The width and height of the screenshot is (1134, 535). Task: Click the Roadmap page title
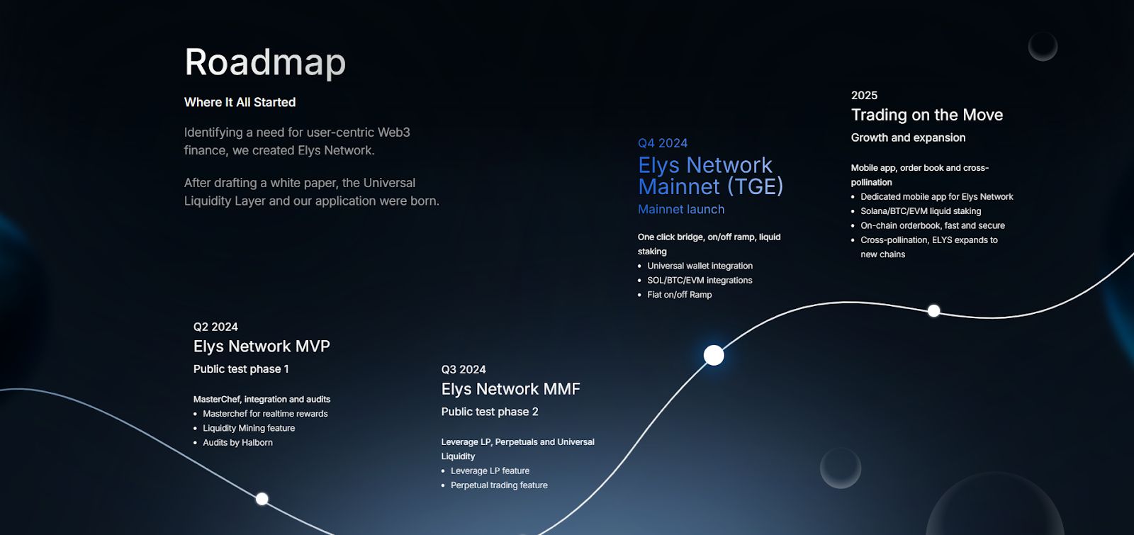[265, 62]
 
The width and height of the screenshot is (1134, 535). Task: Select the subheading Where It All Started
[240, 102]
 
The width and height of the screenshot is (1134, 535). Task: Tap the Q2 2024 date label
[215, 327]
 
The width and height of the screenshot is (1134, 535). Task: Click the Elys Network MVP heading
[262, 347]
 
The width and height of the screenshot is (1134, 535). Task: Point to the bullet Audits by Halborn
[237, 442]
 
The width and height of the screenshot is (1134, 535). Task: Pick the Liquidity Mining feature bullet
[249, 428]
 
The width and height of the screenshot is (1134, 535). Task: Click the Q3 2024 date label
[464, 369]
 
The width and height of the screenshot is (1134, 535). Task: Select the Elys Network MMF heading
[511, 389]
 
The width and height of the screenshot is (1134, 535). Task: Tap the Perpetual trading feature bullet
[499, 485]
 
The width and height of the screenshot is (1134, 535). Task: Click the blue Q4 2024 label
[663, 143]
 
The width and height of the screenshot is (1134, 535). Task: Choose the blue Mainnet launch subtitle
[681, 209]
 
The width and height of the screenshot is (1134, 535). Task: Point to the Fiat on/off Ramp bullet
[680, 295]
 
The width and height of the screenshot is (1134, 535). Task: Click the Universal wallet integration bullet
[700, 266]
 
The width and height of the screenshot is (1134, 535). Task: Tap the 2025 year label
[864, 95]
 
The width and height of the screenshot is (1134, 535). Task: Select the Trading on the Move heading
[927, 115]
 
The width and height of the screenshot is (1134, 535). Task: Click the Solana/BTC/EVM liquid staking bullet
[921, 211]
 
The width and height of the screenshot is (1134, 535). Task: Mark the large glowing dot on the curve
[714, 355]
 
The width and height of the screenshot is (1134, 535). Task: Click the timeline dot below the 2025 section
[933, 311]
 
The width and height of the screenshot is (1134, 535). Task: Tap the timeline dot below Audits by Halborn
[262, 499]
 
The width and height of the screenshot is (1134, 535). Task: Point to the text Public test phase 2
[490, 412]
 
